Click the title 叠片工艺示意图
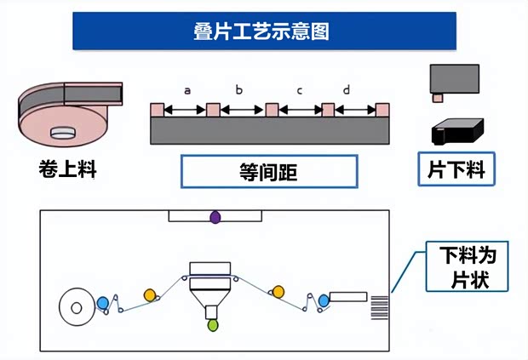(263, 31)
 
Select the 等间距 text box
(268, 170)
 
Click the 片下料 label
(456, 169)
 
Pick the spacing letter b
(238, 90)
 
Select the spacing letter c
(299, 90)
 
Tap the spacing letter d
(346, 90)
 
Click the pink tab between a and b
(213, 110)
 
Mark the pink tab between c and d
(328, 110)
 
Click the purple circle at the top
(215, 218)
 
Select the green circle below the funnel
(212, 324)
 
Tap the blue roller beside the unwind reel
(103, 302)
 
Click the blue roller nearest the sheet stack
(323, 300)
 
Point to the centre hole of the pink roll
(63, 132)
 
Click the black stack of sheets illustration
(456, 130)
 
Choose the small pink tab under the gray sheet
(438, 98)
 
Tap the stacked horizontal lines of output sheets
(380, 306)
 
